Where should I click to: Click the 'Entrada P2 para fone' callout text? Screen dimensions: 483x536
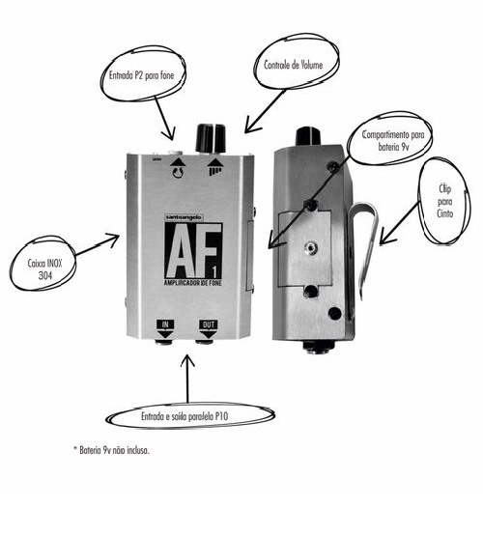point(141,75)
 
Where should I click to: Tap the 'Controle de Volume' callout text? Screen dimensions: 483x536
point(294,65)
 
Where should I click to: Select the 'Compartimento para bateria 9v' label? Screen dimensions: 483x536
point(393,141)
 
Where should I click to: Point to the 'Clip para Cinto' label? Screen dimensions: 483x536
point(444,201)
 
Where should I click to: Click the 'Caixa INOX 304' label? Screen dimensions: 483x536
point(44,269)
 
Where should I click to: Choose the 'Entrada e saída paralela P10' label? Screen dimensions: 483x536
point(185,416)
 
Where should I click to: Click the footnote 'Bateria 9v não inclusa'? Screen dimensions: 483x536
point(112,450)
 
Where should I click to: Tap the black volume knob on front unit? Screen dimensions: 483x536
point(211,138)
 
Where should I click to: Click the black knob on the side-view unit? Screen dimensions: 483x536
point(308,136)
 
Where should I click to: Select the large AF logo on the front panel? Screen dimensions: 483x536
point(193,250)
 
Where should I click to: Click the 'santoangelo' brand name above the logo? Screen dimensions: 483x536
point(185,217)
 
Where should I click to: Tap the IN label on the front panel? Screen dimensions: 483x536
point(165,324)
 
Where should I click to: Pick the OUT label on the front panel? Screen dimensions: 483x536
point(208,324)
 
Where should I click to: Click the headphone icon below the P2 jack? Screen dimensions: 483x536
point(178,172)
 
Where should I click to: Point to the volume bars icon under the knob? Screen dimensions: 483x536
point(215,171)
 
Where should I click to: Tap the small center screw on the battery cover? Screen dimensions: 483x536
point(311,245)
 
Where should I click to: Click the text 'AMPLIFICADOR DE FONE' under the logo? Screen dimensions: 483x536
point(193,283)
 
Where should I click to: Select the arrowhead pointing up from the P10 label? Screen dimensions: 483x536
point(187,360)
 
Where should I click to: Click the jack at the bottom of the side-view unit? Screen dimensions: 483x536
point(318,347)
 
